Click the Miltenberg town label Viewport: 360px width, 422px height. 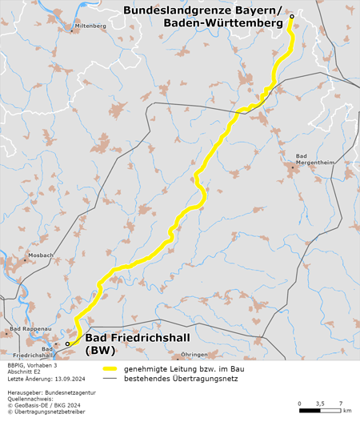pos(90,26)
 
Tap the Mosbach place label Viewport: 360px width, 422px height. pos(39,256)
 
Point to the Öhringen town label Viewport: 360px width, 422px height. pos(194,354)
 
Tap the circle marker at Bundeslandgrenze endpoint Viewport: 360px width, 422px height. pos(292,17)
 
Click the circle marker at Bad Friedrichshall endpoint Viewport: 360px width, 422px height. pos(68,344)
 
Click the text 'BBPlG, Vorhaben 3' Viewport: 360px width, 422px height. pos(30,365)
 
